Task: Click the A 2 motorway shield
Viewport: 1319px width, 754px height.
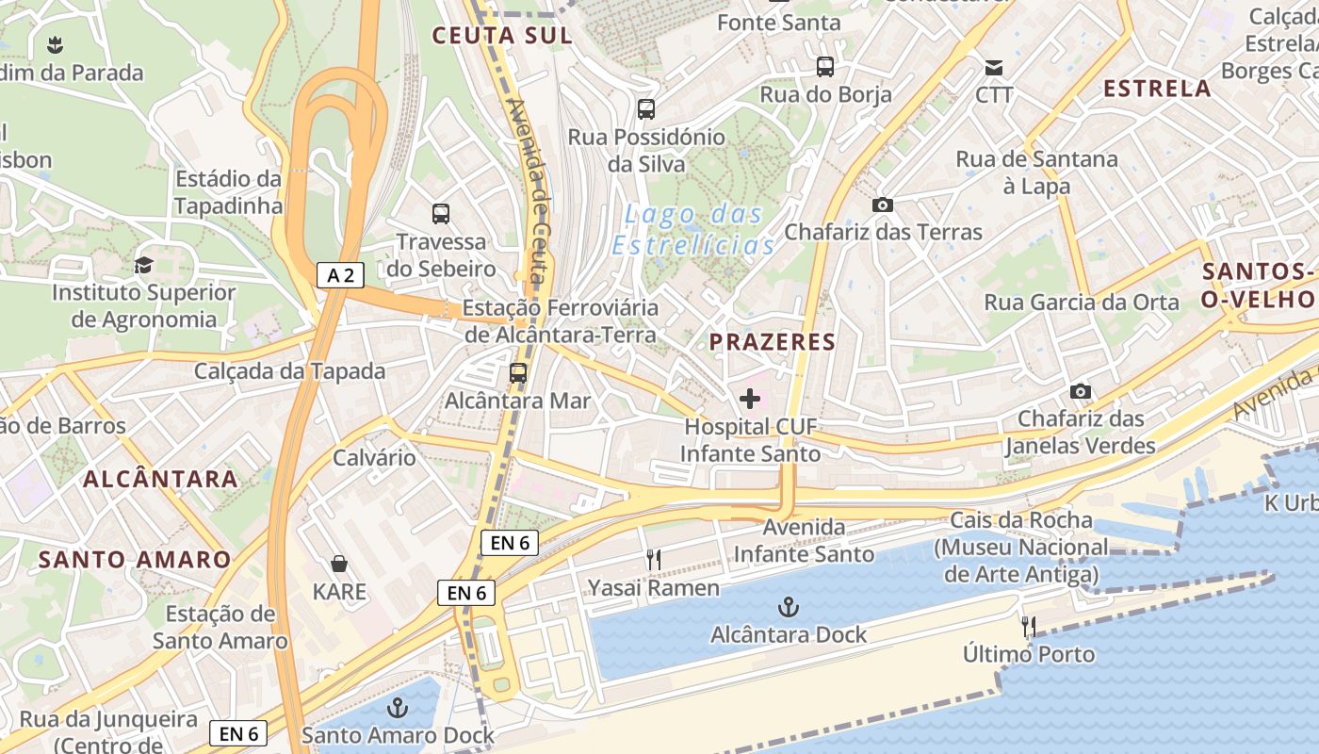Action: coord(340,275)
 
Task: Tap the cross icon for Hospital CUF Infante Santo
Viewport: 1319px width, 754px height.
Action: coord(750,399)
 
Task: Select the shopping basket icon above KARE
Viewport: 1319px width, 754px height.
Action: coord(339,564)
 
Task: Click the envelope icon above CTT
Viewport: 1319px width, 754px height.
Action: coord(994,68)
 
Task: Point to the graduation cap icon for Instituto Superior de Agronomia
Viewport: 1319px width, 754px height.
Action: coord(143,265)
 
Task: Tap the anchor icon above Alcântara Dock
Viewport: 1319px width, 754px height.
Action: coord(789,607)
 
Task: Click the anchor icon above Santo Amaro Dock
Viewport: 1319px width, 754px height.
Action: coord(398,707)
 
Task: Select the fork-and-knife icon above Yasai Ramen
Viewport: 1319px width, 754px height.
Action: coord(653,561)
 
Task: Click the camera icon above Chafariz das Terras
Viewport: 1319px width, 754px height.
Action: coord(883,205)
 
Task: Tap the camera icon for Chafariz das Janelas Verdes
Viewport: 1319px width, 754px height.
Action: coord(1081,391)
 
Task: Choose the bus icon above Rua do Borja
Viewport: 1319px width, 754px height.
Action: coord(825,67)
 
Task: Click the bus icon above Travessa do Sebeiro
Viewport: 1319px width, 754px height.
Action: coord(441,214)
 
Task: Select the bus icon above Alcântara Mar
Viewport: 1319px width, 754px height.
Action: coord(517,373)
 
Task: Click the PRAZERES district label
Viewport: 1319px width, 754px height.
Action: coord(773,342)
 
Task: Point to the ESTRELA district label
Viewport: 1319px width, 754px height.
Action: coord(1157,89)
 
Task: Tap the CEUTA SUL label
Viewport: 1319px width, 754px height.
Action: coord(502,36)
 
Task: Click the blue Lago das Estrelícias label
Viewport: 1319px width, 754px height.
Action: coord(694,230)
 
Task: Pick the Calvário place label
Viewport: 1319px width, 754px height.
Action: coord(374,458)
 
